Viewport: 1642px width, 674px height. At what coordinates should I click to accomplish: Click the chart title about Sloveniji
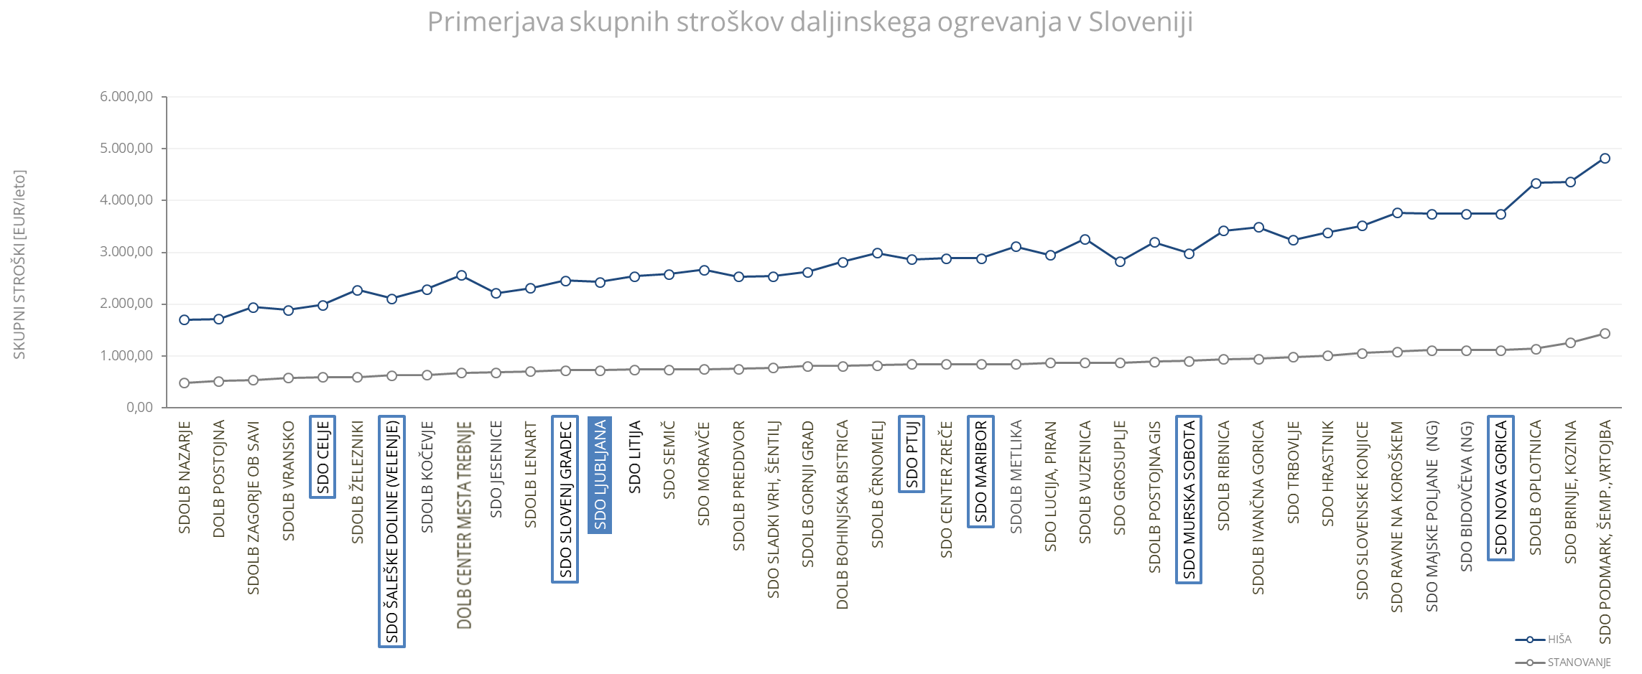(x=810, y=22)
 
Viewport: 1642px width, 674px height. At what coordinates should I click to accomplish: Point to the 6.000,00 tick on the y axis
(x=126, y=97)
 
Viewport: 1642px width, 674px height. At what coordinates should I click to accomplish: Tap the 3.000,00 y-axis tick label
(x=126, y=252)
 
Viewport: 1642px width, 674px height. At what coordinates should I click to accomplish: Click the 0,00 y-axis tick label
(x=139, y=407)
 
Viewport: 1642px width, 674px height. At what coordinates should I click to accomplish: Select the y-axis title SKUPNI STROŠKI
(x=19, y=264)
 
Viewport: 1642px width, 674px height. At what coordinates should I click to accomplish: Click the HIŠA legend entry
(x=1559, y=640)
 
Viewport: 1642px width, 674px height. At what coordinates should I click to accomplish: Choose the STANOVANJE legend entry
(x=1579, y=663)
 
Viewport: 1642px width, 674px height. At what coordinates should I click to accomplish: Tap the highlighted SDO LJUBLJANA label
(x=600, y=475)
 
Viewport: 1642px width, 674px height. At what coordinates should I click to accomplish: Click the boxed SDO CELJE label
(x=323, y=457)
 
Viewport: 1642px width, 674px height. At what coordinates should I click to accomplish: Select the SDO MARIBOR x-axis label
(x=980, y=472)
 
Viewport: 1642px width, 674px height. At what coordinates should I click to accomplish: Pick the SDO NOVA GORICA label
(x=1500, y=488)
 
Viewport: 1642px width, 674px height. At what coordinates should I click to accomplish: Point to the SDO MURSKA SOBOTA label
(x=1189, y=500)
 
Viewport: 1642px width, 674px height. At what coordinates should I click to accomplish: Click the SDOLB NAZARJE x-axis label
(x=185, y=477)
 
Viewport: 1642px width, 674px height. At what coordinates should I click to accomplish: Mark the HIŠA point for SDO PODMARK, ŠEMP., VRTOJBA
(x=1605, y=159)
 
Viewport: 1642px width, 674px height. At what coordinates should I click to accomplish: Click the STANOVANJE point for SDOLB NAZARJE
(x=185, y=383)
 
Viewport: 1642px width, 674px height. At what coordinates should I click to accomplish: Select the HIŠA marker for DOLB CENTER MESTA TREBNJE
(x=462, y=276)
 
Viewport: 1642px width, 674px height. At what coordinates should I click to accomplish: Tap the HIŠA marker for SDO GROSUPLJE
(x=1120, y=262)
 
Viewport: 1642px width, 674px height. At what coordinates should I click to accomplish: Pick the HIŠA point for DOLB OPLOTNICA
(x=1536, y=184)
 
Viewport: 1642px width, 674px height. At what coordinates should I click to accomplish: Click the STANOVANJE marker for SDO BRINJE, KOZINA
(x=1570, y=343)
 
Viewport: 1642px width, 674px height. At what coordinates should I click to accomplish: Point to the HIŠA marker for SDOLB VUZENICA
(x=1085, y=240)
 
